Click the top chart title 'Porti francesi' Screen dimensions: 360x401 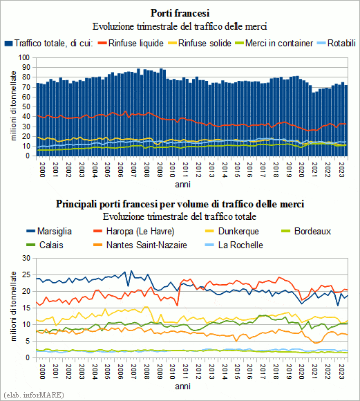[180, 13]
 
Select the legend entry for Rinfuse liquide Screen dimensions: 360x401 [131, 44]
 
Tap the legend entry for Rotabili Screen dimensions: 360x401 [337, 44]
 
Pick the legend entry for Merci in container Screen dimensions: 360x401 [274, 44]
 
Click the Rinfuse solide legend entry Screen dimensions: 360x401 [200, 44]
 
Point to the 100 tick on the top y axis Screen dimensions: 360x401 [24, 57]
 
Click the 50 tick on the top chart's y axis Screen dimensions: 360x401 [26, 106]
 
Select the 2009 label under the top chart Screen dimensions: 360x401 [160, 170]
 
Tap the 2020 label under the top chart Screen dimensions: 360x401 [301, 170]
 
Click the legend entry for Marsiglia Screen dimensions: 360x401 [49, 231]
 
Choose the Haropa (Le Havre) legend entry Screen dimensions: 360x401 [134, 231]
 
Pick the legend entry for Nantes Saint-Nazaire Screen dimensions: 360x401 [140, 245]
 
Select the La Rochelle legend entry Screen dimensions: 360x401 [234, 245]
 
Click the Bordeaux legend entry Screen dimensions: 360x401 [306, 231]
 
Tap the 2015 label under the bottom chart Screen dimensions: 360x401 [237, 371]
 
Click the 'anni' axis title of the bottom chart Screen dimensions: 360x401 [182, 386]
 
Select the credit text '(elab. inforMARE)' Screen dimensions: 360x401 [34, 395]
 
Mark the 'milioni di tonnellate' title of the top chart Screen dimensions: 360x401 [13, 106]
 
